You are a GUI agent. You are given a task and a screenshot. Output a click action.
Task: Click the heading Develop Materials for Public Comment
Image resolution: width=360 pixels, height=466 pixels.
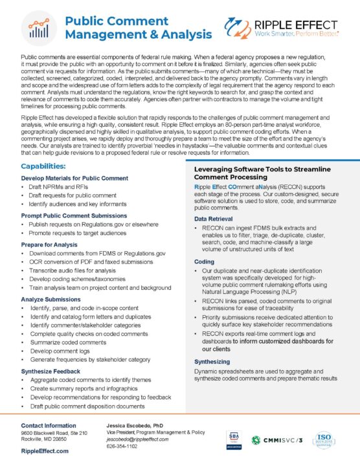(74, 177)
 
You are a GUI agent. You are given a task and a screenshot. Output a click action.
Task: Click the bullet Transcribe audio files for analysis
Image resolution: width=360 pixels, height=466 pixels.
(81, 269)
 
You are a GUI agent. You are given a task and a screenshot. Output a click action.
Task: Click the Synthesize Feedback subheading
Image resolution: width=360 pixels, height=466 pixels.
(54, 370)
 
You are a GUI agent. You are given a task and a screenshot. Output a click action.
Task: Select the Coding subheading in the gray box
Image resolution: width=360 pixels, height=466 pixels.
(205, 261)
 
